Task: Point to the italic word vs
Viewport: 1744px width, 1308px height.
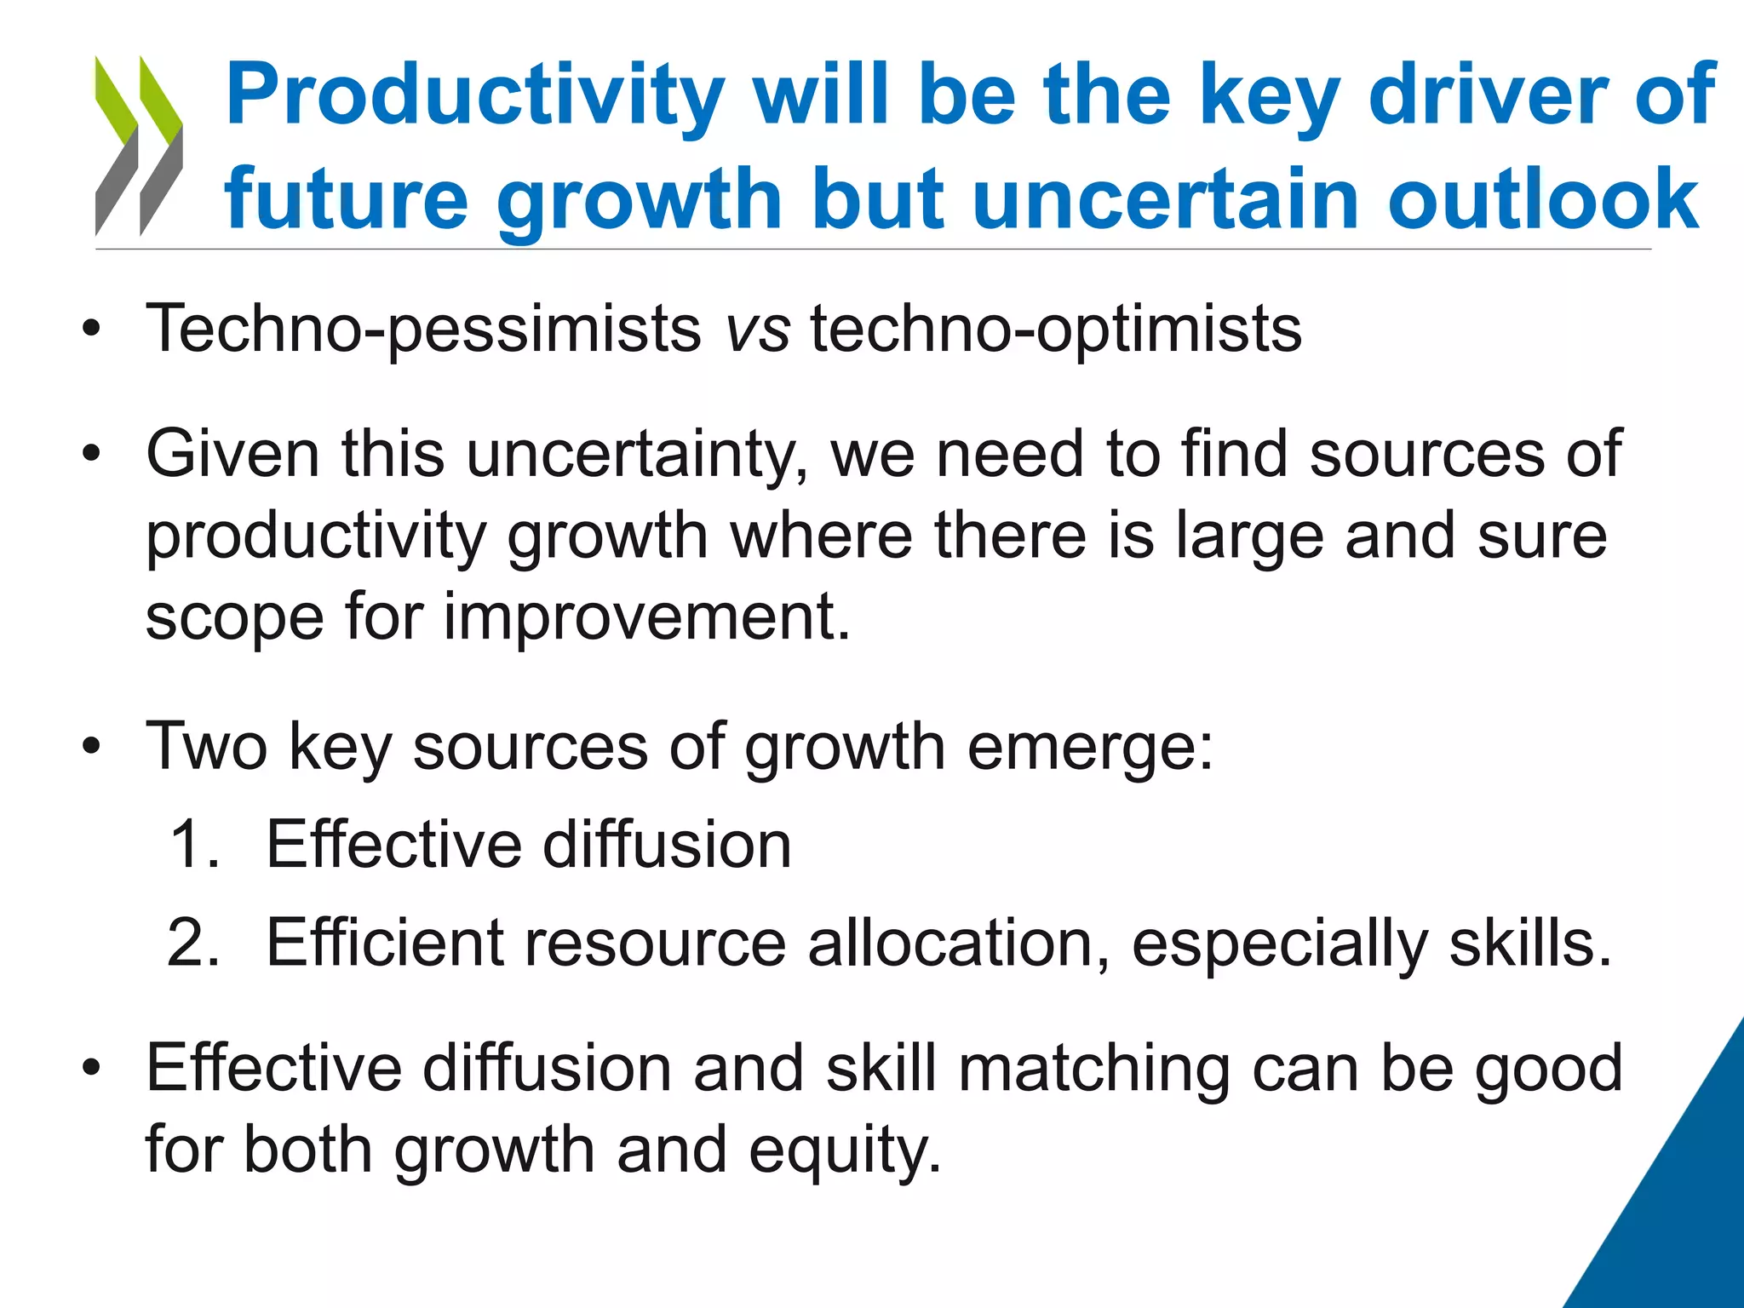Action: pyautogui.click(x=757, y=329)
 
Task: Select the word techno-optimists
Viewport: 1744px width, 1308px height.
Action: pyautogui.click(x=1055, y=330)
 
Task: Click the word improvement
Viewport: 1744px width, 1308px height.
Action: pyautogui.click(x=646, y=617)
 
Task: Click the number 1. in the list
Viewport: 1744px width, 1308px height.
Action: pyautogui.click(x=194, y=845)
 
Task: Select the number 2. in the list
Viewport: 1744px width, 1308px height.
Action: pyautogui.click(x=194, y=943)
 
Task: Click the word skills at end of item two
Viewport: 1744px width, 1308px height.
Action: pyautogui.click(x=1529, y=943)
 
